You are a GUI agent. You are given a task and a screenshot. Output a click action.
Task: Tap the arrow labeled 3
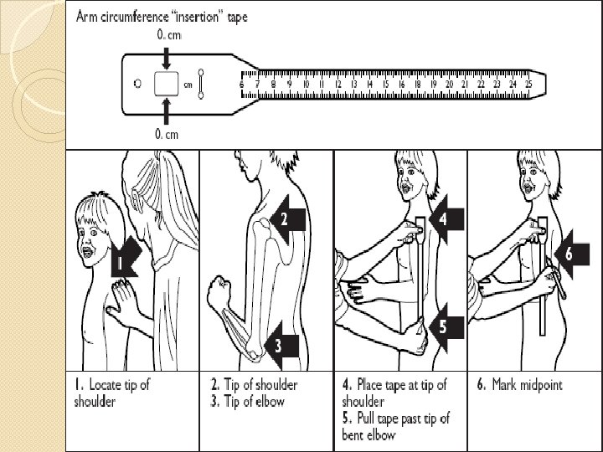(282, 342)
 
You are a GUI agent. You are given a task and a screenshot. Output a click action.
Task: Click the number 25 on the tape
(528, 85)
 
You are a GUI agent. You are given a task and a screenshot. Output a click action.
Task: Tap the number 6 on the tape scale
(242, 85)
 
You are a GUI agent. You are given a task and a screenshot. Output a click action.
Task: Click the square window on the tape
(167, 84)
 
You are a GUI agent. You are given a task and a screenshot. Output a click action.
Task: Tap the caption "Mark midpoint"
(520, 385)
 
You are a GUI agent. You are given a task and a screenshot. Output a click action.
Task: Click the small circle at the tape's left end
(138, 84)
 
